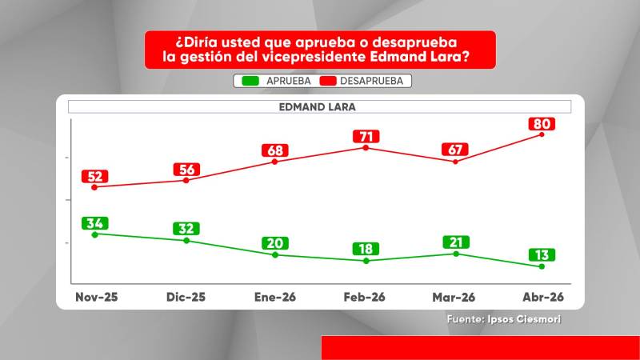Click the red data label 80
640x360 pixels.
coord(542,124)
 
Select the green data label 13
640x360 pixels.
coord(542,254)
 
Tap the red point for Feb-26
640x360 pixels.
coord(366,148)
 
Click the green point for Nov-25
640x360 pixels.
coord(94,234)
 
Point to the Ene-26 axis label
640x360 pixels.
coord(274,297)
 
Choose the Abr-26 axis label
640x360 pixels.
coord(543,297)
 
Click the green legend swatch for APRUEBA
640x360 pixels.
coord(250,81)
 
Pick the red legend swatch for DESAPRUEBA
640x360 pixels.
coord(328,81)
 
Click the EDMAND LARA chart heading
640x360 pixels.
coord(317,107)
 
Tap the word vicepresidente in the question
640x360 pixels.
coord(314,56)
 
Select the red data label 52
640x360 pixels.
coord(94,176)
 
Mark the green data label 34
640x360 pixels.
coord(94,223)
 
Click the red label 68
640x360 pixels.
coord(275,150)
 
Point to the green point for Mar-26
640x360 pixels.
coord(456,254)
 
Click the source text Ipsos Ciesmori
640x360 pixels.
coord(524,319)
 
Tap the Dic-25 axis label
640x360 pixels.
coord(186,297)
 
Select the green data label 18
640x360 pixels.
coord(366,249)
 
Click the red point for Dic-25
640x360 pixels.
coord(186,180)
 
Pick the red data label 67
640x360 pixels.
coord(455,150)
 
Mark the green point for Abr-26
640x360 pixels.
coord(542,266)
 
